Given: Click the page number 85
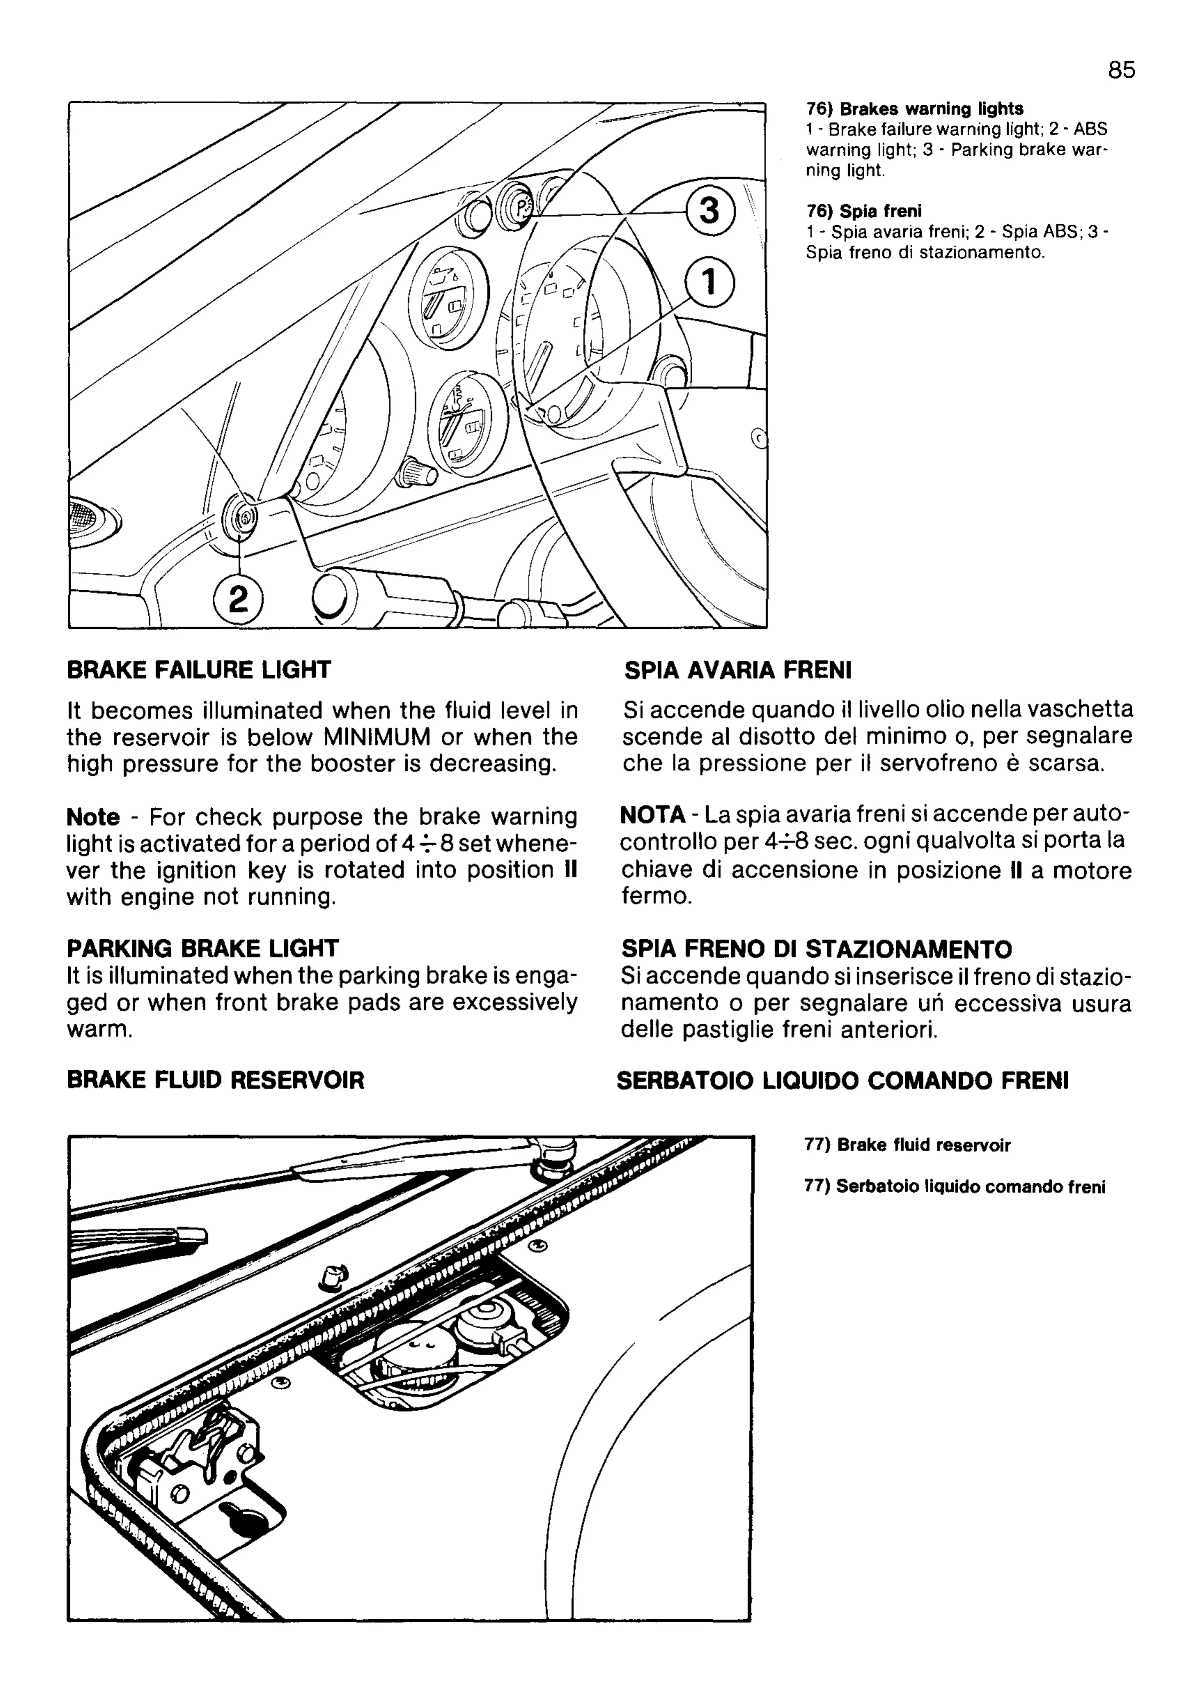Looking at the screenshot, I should (x=1121, y=70).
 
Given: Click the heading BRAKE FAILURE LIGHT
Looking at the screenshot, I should (x=199, y=670).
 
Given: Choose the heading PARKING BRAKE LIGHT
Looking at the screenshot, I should (x=203, y=948).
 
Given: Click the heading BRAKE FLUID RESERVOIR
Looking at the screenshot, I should (x=216, y=1080).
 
